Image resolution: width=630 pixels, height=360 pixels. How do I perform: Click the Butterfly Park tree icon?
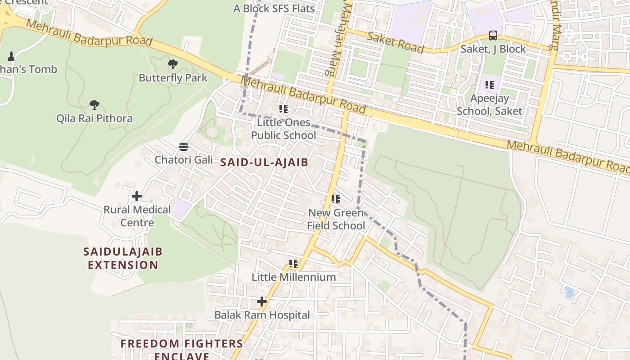(x=172, y=64)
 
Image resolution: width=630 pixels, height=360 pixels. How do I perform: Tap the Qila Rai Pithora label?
(x=94, y=118)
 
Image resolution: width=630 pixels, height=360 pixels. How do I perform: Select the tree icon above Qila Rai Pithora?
(x=94, y=105)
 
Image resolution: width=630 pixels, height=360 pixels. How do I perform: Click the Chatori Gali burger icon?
(x=183, y=146)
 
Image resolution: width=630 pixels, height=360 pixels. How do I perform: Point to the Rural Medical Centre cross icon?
(x=137, y=196)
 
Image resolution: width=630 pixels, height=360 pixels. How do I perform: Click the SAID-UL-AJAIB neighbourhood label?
(x=264, y=162)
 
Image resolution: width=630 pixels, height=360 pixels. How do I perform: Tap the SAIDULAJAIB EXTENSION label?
(x=123, y=258)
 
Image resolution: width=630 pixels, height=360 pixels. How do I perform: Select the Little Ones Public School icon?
(x=283, y=108)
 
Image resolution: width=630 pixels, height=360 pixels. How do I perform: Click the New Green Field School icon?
(x=335, y=199)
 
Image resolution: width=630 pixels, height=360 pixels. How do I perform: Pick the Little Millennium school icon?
(x=293, y=264)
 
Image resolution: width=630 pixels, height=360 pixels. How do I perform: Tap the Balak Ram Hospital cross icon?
(x=261, y=301)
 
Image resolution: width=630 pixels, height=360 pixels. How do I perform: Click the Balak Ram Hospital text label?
(x=262, y=315)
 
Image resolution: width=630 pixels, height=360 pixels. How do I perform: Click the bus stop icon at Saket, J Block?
(x=493, y=36)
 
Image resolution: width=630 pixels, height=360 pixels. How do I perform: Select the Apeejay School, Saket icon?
(x=490, y=85)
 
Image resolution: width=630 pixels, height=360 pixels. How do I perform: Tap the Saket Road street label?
(x=395, y=42)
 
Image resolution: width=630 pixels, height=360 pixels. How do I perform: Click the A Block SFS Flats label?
(x=274, y=9)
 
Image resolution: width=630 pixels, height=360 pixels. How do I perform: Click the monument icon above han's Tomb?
(x=11, y=56)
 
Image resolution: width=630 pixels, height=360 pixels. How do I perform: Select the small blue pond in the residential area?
(x=569, y=292)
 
